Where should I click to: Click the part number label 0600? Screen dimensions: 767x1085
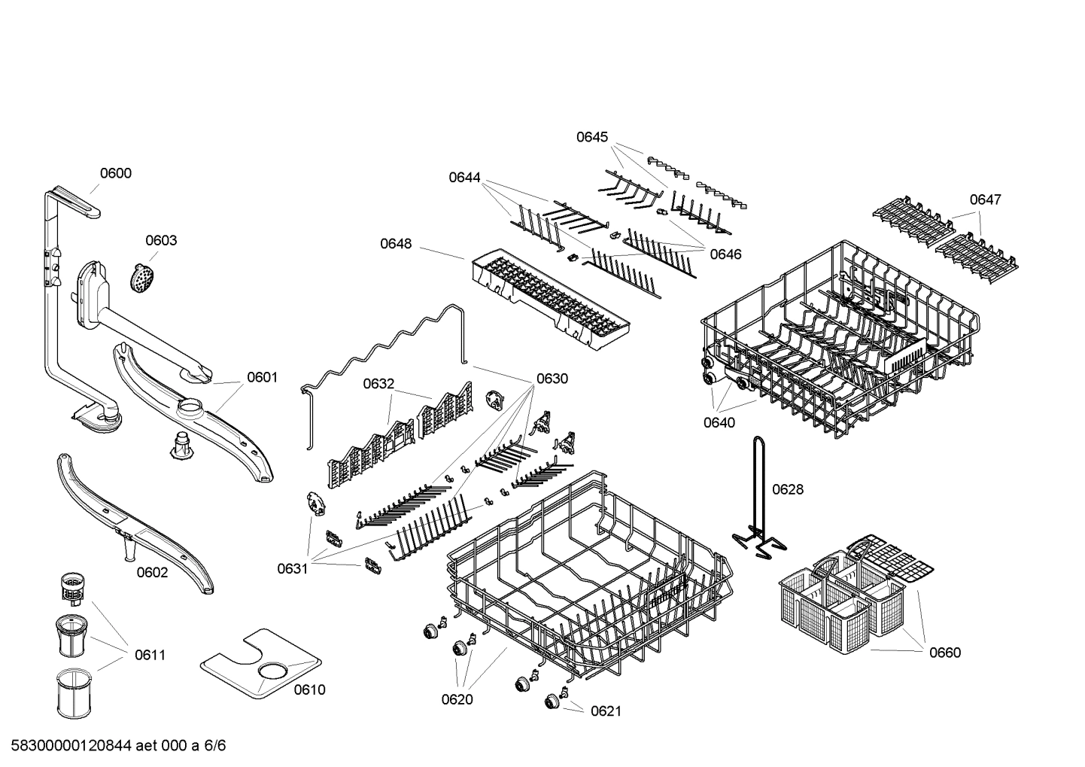(x=115, y=173)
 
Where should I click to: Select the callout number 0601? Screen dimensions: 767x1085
(x=262, y=377)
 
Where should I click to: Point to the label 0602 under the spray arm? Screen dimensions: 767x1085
(x=152, y=572)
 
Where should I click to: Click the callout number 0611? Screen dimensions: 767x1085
(x=150, y=655)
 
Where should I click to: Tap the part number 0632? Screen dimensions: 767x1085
(x=378, y=384)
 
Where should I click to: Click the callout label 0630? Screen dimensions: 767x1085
(x=552, y=379)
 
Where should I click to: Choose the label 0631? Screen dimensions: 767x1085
(x=292, y=569)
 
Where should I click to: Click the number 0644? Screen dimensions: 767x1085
(x=464, y=178)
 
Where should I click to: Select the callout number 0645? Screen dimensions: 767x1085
(x=592, y=137)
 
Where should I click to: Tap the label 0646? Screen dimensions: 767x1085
(x=725, y=254)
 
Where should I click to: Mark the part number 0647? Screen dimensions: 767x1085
(x=985, y=199)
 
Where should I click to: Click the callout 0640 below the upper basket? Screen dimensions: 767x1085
(x=719, y=423)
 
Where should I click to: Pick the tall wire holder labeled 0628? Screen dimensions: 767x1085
(x=758, y=497)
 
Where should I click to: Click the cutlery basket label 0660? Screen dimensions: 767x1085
(x=944, y=653)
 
